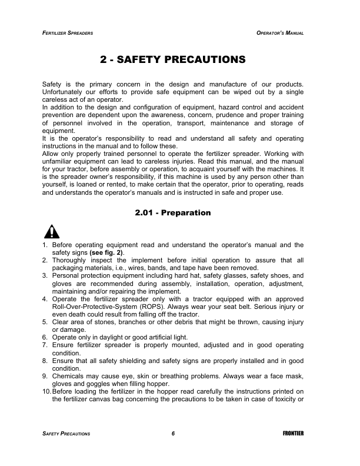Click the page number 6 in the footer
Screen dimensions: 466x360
[x=174, y=434]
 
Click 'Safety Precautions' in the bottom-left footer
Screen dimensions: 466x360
[x=66, y=434]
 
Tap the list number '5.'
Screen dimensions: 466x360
[x=45, y=322]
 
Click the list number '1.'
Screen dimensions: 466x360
[x=45, y=245]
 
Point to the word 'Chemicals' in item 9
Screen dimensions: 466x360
[x=69, y=375]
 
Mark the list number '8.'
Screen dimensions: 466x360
[x=45, y=360]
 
